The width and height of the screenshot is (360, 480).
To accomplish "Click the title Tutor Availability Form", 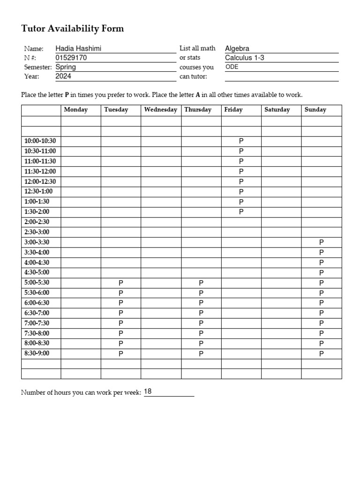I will pos(73,29).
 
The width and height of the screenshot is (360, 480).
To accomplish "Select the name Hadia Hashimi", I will pos(78,49).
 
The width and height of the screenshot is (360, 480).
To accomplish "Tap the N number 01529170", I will pos(71,58).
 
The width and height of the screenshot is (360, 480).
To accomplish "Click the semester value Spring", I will pos(66,67).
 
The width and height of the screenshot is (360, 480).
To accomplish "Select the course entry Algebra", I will pos(237,49).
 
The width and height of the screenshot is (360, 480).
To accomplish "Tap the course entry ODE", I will pos(232,67).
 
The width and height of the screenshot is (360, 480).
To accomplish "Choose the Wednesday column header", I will pos(161,110).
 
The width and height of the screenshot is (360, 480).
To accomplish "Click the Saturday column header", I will pos(277,110).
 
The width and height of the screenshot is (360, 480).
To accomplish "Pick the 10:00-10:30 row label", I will pos(40,141).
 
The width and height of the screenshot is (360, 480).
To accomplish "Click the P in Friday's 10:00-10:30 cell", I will pos(241,141).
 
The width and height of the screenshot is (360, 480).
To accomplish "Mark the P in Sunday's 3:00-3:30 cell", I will pos(322,242).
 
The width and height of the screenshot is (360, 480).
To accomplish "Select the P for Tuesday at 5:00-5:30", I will pos(121,283).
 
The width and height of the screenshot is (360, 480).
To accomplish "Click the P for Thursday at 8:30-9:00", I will pos(201,353).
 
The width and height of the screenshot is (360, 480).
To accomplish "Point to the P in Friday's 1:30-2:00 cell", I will pos(241,212).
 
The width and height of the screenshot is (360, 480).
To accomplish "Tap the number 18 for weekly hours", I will pos(148,391).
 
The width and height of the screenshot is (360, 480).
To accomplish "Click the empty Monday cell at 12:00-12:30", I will pos(81,181).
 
